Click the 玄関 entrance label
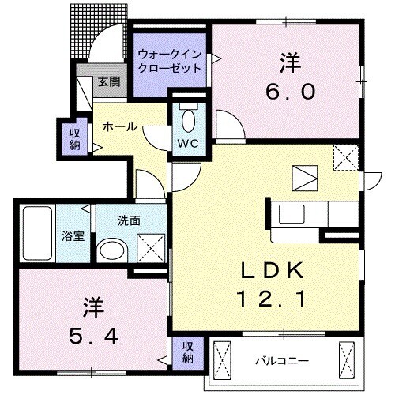108,81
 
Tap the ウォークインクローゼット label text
168,61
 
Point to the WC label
186,143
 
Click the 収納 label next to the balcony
188,352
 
